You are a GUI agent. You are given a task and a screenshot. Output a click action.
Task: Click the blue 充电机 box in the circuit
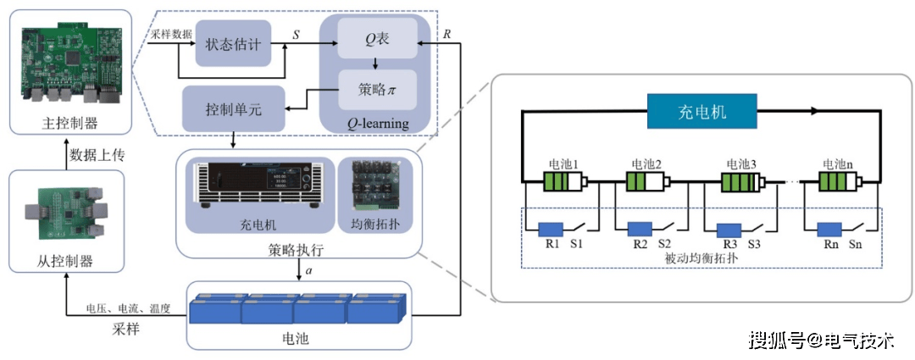coord(702,111)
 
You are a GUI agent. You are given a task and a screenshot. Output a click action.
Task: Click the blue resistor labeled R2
coord(640,229)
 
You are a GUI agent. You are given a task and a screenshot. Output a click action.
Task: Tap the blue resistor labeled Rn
coord(829,229)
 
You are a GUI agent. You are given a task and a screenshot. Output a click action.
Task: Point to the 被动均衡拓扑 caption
coord(701,258)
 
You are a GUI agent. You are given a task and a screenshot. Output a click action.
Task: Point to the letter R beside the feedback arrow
coord(446,34)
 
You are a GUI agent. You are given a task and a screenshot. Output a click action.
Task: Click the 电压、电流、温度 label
coord(129,309)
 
